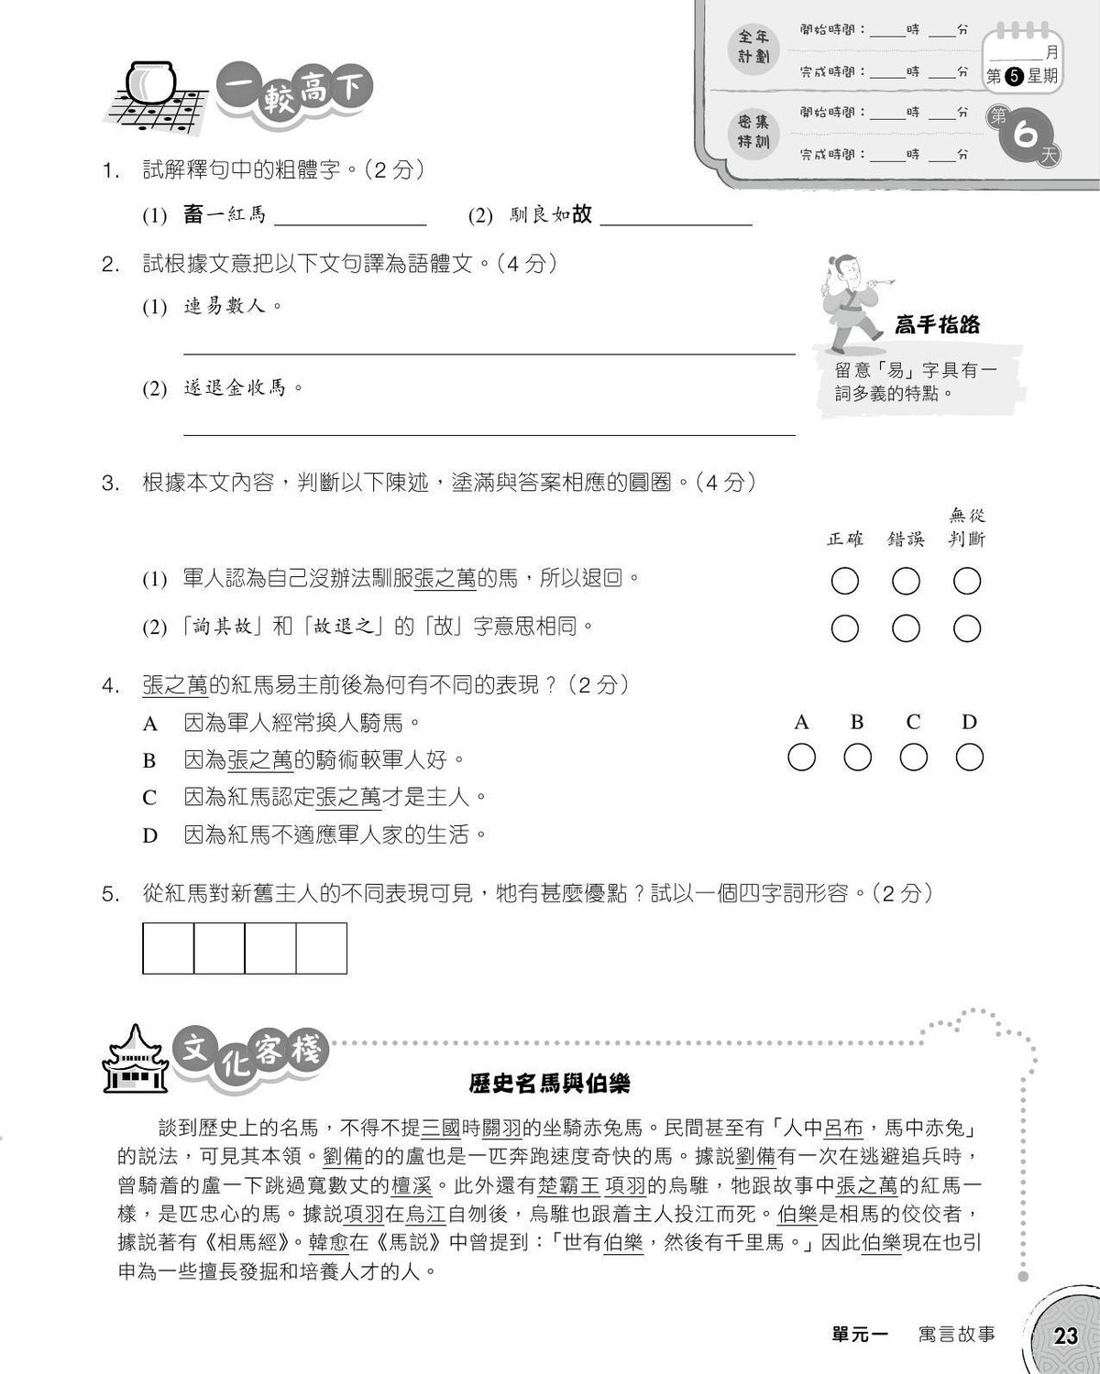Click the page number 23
coord(1066,1336)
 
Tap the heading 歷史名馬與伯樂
coord(549,1084)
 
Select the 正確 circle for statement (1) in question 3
coord(844,581)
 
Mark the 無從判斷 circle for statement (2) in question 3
coord(967,628)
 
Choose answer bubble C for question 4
coord(913,758)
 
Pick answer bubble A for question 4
coord(801,758)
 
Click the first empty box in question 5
coord(169,948)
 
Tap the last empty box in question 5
coord(322,948)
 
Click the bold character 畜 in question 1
coord(192,214)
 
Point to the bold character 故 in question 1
coord(582,214)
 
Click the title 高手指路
coord(937,324)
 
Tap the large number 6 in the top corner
coord(1025,136)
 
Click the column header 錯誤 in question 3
coord(906,540)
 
